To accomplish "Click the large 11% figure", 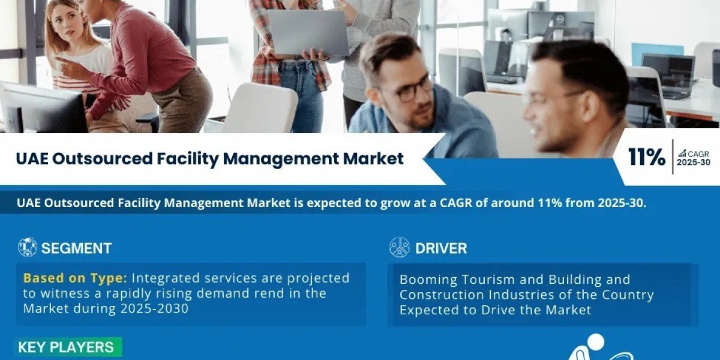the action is [x=646, y=157].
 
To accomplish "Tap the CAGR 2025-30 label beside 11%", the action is [x=694, y=158].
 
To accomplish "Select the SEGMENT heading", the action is [x=77, y=248].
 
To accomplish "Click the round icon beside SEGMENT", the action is [x=28, y=247].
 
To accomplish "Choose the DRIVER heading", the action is [x=441, y=248].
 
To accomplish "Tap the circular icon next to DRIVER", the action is [x=400, y=247].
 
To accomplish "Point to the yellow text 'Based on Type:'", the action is [x=75, y=278].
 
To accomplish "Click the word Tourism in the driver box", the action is [x=489, y=280].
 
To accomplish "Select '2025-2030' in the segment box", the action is [x=155, y=309].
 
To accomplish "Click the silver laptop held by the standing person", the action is [x=308, y=32].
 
